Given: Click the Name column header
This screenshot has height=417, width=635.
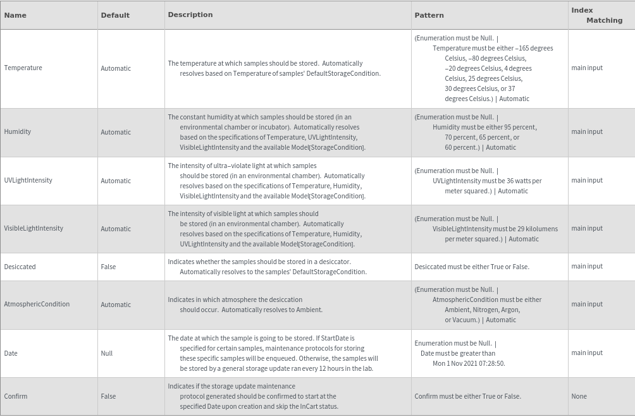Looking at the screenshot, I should [15, 15].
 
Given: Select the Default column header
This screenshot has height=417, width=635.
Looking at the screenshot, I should [115, 15].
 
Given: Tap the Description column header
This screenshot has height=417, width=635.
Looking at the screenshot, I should [190, 15].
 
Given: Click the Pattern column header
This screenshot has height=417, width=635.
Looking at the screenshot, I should [429, 15].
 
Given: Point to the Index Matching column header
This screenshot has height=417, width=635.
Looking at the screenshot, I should [596, 15].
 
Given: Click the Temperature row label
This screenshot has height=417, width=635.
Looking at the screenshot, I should [23, 68].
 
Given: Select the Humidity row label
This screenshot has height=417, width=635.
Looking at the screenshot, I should [17, 132].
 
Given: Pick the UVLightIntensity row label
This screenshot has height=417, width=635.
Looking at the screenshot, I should [28, 181].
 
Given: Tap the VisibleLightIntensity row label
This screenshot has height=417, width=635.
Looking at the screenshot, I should [34, 229].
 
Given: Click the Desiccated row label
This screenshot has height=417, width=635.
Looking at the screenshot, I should [20, 267].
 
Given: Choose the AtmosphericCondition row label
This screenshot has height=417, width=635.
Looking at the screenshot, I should [37, 305].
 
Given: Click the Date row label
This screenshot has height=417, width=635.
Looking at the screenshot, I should [11, 353].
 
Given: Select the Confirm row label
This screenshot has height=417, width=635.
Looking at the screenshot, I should [16, 397].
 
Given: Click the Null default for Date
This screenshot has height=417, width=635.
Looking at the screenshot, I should [107, 353].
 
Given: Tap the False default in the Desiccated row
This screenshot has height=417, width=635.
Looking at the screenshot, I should [108, 267].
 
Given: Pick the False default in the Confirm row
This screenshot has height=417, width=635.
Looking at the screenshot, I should [108, 397].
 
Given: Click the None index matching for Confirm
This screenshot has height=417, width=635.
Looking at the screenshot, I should [579, 397].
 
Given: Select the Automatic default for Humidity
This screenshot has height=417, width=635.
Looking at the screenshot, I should [116, 132].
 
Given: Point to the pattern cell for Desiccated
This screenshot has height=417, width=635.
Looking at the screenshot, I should [472, 267].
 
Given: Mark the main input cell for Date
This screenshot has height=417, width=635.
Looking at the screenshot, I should [587, 353].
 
